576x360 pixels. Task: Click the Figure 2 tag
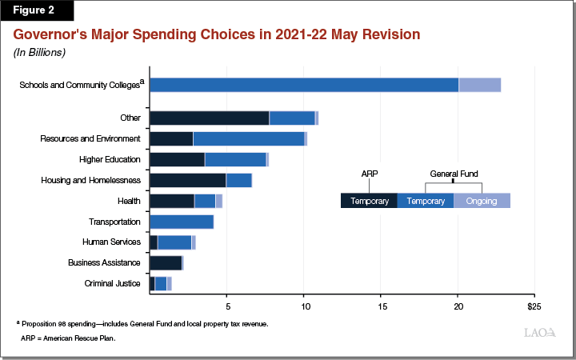36,10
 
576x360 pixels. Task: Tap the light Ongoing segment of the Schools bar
479,85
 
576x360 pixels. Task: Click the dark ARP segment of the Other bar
209,118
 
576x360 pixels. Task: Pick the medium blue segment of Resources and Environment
248,139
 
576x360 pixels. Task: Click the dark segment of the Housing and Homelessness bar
187,180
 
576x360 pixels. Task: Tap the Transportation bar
181,222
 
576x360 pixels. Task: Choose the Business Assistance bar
166,263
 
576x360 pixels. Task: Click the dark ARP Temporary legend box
369,201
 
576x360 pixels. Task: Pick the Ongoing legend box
482,201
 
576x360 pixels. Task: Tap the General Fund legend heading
453,173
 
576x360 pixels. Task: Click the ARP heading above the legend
369,173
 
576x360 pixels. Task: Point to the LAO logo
540,332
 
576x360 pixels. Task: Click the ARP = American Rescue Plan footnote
68,338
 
